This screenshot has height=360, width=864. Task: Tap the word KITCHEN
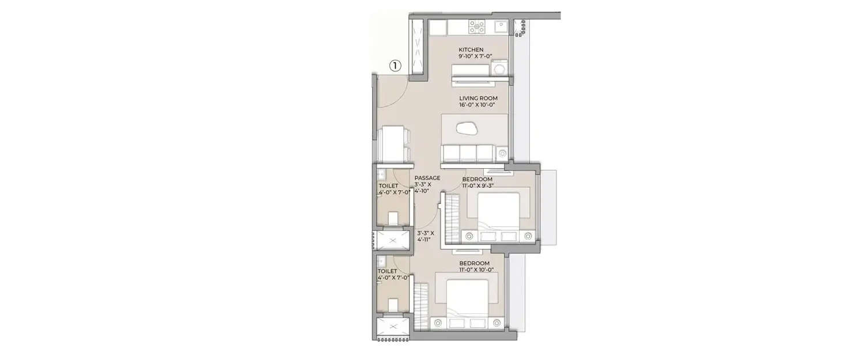471,50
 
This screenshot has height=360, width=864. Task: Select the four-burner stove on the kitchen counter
477,26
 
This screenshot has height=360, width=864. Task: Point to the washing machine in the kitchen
501,67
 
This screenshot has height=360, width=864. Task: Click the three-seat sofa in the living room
468,153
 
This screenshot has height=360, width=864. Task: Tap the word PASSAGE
427,178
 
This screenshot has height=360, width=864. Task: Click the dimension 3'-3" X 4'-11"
427,236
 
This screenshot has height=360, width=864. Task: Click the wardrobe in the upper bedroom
452,219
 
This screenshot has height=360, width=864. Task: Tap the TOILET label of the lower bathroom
387,271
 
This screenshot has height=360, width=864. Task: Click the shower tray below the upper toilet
393,241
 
